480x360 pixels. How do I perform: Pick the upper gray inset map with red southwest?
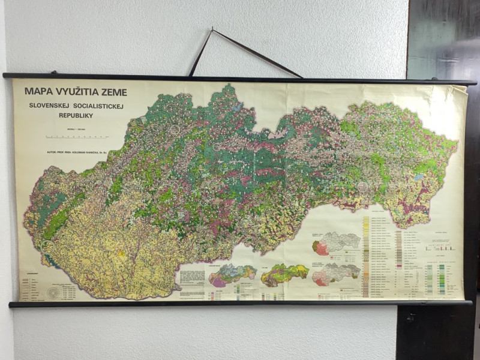tap(336, 244)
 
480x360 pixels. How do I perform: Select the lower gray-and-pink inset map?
tap(336, 275)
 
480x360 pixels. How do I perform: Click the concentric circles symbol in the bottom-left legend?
tap(54, 291)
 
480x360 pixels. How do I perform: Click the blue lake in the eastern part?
tap(418, 178)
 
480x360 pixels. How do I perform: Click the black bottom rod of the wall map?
tap(240, 304)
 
